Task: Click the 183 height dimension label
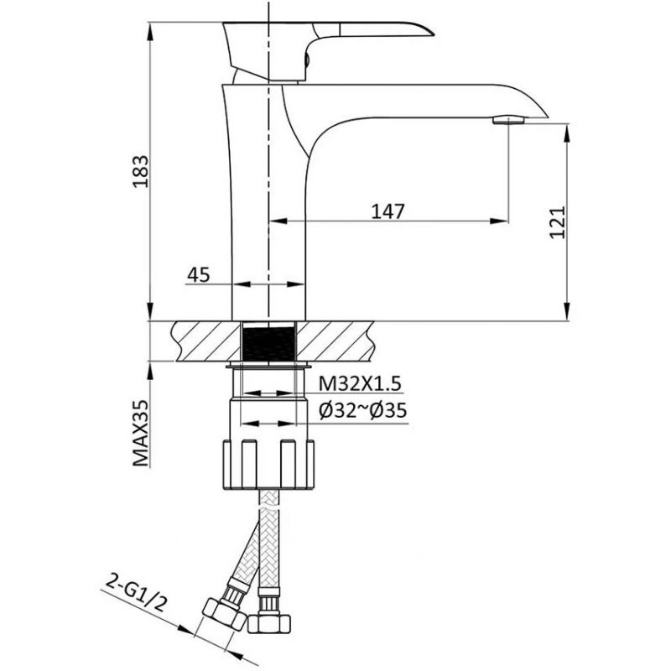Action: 141,171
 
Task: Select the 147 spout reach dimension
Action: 388,211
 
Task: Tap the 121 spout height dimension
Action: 558,222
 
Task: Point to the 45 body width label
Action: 199,274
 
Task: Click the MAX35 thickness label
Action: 141,433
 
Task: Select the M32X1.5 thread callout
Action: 360,384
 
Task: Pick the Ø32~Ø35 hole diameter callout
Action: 363,410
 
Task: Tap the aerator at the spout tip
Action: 508,120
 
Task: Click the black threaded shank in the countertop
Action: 268,343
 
